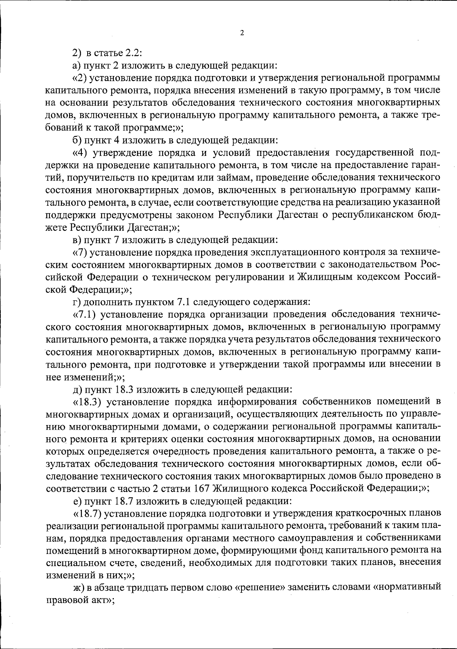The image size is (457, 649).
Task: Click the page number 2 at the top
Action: pos(242,33)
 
